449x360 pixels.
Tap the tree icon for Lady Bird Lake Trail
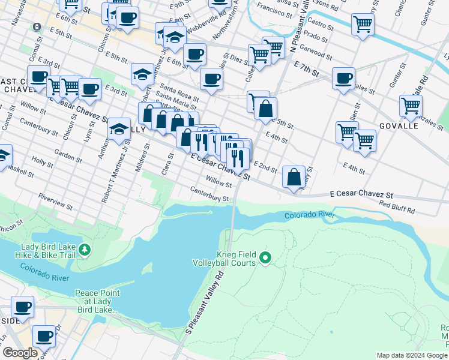pos(85,249)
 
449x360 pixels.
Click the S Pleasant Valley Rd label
pos(204,303)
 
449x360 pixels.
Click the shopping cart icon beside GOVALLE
pos(411,106)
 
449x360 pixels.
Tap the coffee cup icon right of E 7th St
pos(343,78)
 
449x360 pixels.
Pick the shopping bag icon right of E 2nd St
pos(294,177)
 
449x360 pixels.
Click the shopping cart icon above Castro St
pos(363,25)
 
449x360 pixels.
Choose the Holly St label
pos(42,161)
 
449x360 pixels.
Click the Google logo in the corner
pos(20,353)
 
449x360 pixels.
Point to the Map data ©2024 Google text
pos(412,355)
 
